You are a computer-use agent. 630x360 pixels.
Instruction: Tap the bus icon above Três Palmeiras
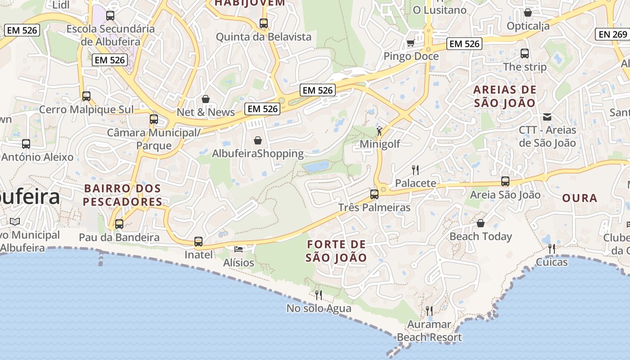point(374,194)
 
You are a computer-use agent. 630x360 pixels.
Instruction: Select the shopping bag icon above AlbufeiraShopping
point(258,140)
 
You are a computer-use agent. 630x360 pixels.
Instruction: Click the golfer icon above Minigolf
point(380,131)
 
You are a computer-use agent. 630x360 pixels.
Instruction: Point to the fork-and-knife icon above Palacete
point(415,170)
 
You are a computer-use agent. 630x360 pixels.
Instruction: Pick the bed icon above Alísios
point(238,249)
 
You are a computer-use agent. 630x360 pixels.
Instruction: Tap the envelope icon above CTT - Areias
point(547,117)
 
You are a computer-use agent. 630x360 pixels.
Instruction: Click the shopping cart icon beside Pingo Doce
point(410,43)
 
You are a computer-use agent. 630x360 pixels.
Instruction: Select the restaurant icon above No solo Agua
point(319,295)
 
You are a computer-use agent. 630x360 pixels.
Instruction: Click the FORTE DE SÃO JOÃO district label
point(336,251)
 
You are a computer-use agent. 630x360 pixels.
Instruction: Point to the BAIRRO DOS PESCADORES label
point(122,195)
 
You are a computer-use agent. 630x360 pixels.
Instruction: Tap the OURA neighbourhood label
point(580,198)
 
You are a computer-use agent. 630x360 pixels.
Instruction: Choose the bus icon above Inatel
point(198,242)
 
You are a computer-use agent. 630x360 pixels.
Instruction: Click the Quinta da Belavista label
point(264,37)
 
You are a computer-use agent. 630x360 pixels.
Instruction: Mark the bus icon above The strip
point(524,54)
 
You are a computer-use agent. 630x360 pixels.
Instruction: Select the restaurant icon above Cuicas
point(551,249)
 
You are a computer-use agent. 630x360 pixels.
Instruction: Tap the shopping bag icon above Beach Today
point(481,223)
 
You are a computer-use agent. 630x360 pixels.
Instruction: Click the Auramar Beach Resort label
point(429,331)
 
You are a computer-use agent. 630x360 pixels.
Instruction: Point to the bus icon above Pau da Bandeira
point(119,224)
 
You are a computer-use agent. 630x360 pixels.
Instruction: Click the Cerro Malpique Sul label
point(86,109)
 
